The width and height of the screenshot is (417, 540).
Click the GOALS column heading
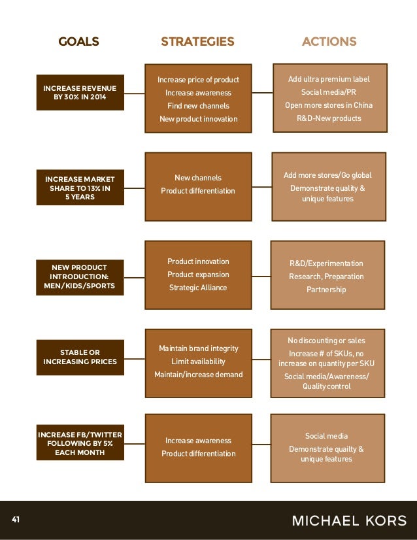click(x=78, y=42)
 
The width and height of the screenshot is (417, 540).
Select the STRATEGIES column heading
click(x=197, y=42)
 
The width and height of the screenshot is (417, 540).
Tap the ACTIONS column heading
click(x=329, y=42)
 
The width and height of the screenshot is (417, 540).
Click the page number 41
click(x=16, y=520)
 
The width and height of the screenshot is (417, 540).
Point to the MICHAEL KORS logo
click(x=349, y=521)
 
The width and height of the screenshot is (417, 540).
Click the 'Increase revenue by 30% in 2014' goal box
click(x=80, y=92)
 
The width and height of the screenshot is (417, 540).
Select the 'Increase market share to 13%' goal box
click(x=80, y=188)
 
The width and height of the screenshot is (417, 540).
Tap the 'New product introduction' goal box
click(x=80, y=277)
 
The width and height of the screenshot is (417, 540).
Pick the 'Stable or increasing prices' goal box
click(x=80, y=357)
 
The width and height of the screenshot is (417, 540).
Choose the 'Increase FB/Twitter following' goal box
click(x=80, y=443)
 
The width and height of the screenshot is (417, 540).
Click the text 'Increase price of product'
click(x=198, y=80)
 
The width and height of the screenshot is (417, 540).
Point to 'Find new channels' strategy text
click(x=198, y=106)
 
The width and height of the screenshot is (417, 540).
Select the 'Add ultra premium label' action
click(x=329, y=79)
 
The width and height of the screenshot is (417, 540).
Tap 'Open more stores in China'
click(x=329, y=105)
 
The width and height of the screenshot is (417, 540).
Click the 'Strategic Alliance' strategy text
click(x=198, y=288)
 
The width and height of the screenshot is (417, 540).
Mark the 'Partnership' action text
click(x=326, y=290)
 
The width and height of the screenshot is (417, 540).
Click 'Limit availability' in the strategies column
click(x=198, y=362)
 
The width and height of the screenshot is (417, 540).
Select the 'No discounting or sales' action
click(x=326, y=341)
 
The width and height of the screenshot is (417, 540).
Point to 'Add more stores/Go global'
click(x=327, y=175)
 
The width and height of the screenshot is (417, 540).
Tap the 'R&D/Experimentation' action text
click(x=326, y=263)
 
